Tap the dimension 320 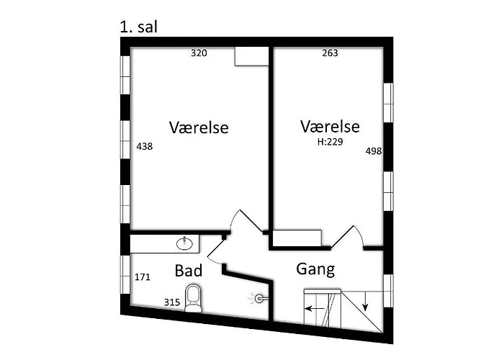(x=199, y=53)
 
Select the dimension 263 (x=330, y=53)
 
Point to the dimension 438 (x=144, y=146)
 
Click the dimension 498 (x=374, y=151)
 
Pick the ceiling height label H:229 (x=330, y=143)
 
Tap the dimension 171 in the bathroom (x=143, y=276)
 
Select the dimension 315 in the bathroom (x=171, y=302)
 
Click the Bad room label (x=189, y=271)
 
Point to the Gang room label (x=315, y=270)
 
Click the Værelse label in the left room (x=199, y=128)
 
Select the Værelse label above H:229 (x=330, y=127)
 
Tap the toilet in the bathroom (x=193, y=297)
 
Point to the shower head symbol (x=259, y=297)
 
